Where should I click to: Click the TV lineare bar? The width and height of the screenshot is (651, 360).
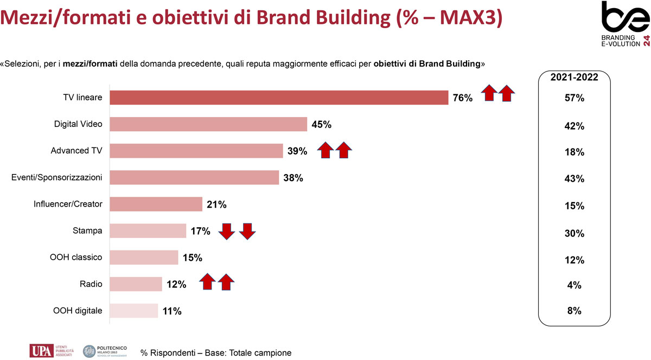[x=279, y=98]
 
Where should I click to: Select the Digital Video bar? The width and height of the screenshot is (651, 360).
[x=208, y=124]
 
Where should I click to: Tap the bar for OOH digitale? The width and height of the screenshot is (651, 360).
[x=134, y=311]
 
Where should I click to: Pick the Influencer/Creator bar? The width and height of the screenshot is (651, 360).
[x=156, y=204]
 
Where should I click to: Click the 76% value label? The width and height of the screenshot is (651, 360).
[x=463, y=98]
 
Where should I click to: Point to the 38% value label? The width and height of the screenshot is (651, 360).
[x=293, y=177]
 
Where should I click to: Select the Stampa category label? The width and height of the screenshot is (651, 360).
[x=88, y=230]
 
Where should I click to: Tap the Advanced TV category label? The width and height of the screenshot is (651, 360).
[x=76, y=151]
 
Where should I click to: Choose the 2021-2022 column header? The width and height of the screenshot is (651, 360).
[x=575, y=78]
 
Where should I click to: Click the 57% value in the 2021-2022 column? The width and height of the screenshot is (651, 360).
[x=575, y=99]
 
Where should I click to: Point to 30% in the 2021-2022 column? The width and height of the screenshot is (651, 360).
[x=575, y=234]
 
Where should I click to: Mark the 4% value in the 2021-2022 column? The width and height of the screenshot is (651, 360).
[x=575, y=285]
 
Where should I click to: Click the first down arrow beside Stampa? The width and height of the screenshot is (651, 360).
[x=227, y=232]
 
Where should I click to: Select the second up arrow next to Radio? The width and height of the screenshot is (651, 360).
[x=226, y=282]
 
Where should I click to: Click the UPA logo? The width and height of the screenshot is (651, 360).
[x=41, y=350]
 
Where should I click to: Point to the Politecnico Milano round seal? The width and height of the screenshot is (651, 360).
[x=90, y=351]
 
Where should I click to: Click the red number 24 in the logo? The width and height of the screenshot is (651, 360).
[x=645, y=41]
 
